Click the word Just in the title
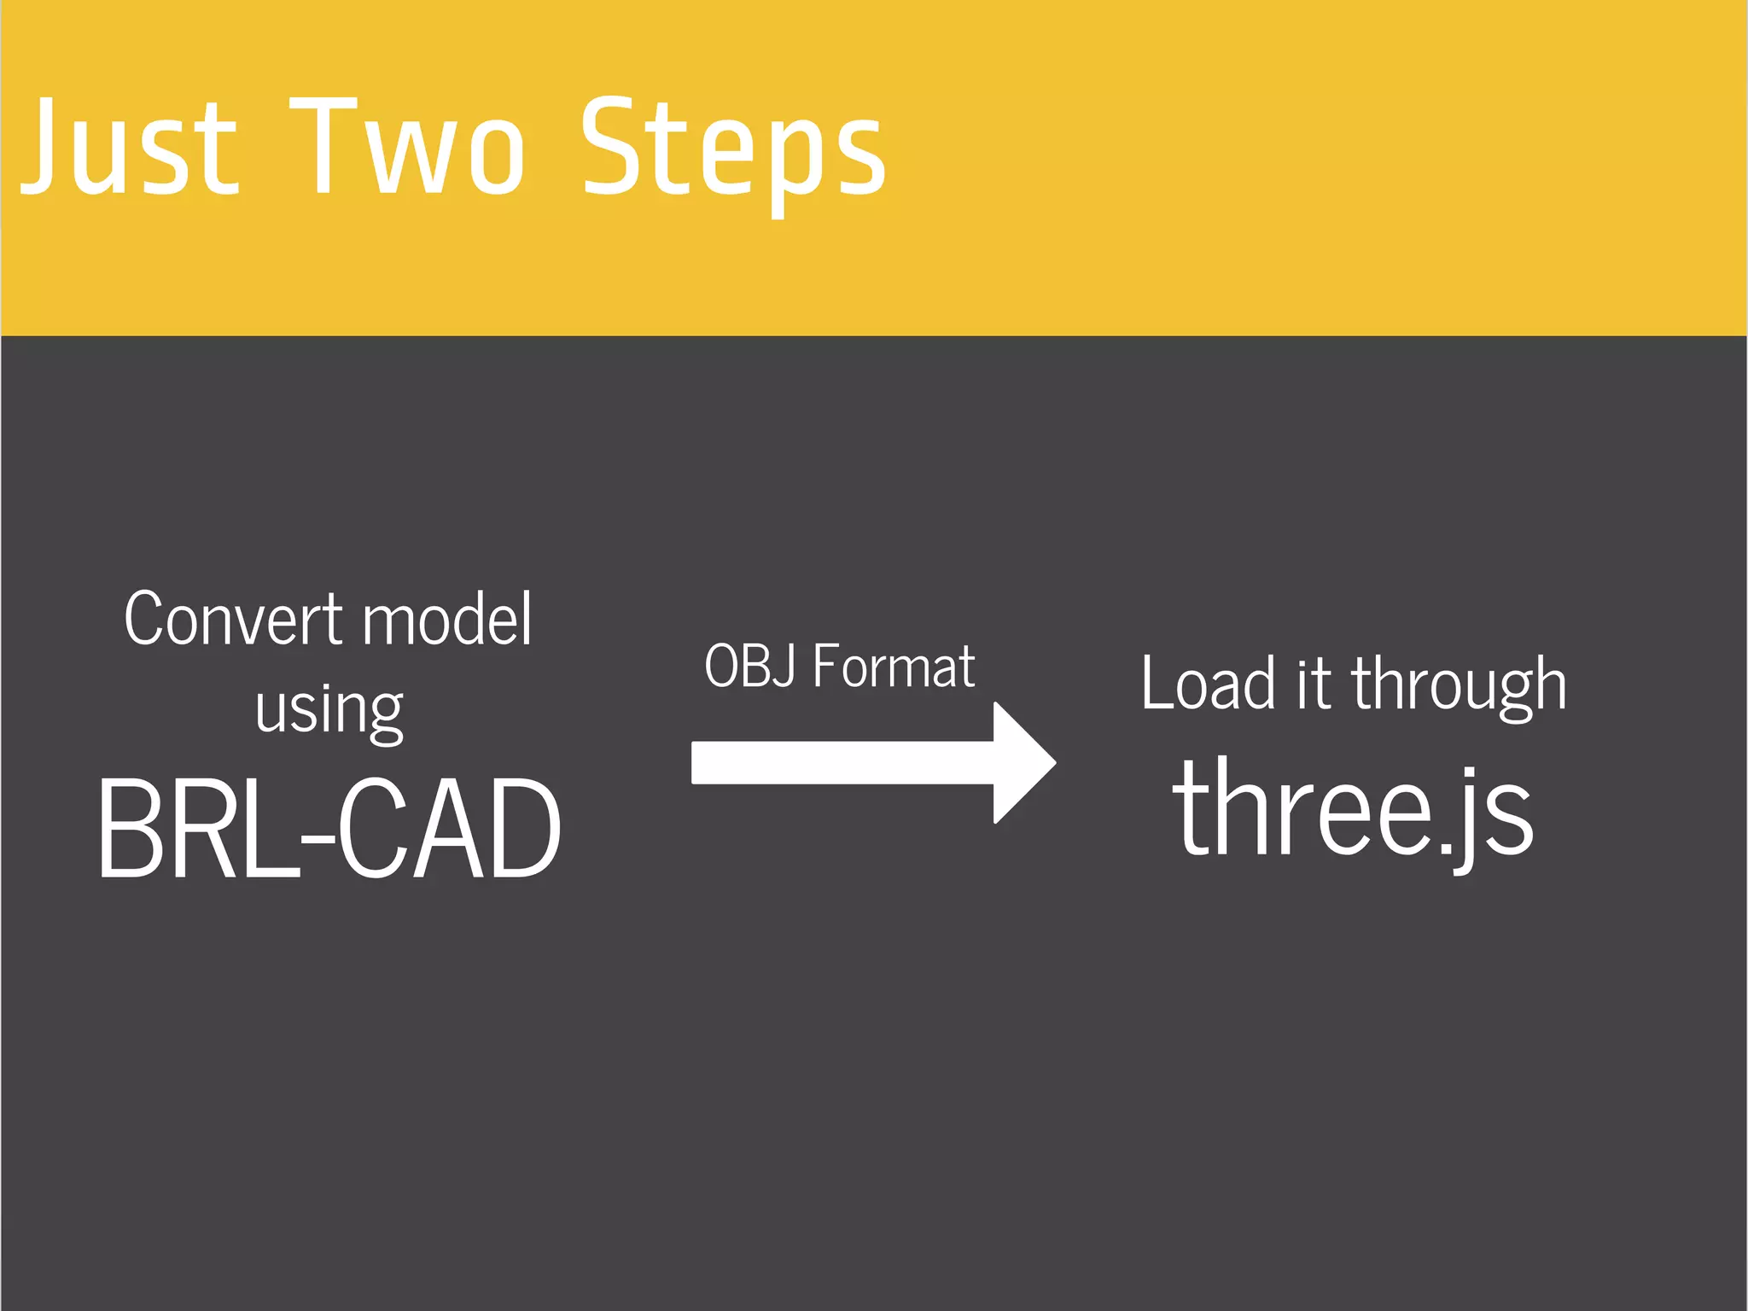point(128,147)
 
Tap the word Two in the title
point(407,147)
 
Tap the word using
point(329,711)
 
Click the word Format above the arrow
point(894,666)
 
